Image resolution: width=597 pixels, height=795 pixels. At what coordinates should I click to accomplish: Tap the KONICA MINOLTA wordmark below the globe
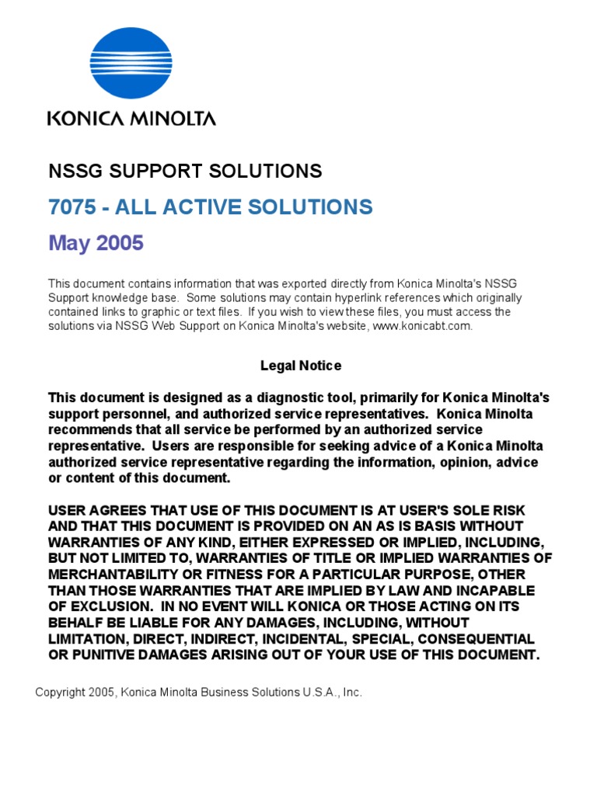131,119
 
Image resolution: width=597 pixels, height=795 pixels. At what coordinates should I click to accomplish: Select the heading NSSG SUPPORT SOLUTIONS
185,171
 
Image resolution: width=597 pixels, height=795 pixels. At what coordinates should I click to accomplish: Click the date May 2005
96,244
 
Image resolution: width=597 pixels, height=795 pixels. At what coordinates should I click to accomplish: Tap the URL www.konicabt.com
421,326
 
